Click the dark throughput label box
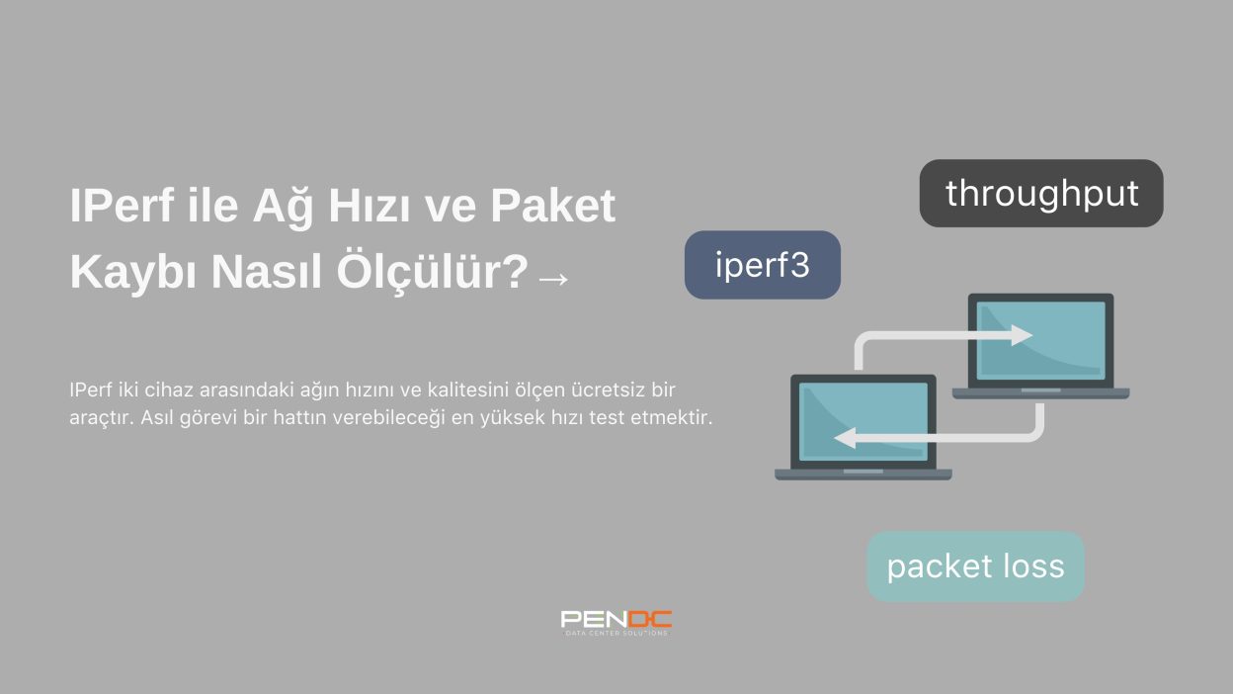pos(1041,194)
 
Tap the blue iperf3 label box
pos(763,265)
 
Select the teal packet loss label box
pos(975,566)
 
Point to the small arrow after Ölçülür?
pos(553,279)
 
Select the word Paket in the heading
pos(552,206)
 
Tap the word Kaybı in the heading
pos(133,272)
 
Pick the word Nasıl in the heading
pos(267,272)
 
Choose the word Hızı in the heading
pos(369,206)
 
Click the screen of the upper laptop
pos(1040,340)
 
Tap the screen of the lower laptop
pos(863,421)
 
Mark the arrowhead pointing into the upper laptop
pos(1022,335)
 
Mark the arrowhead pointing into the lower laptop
pos(845,438)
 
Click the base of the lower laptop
pos(863,475)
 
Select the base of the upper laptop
pos(1041,393)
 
